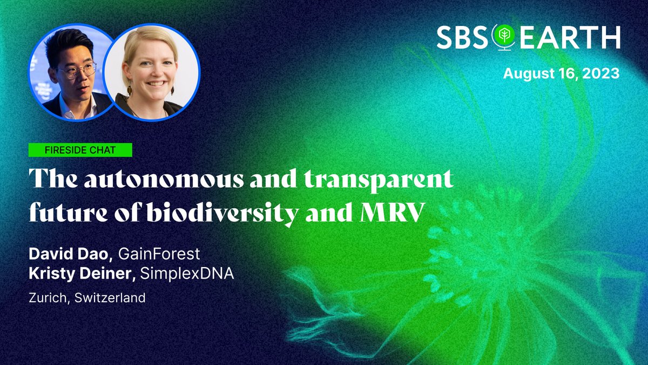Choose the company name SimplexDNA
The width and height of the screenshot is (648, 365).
click(186, 274)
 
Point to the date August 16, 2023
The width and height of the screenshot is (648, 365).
click(561, 74)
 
